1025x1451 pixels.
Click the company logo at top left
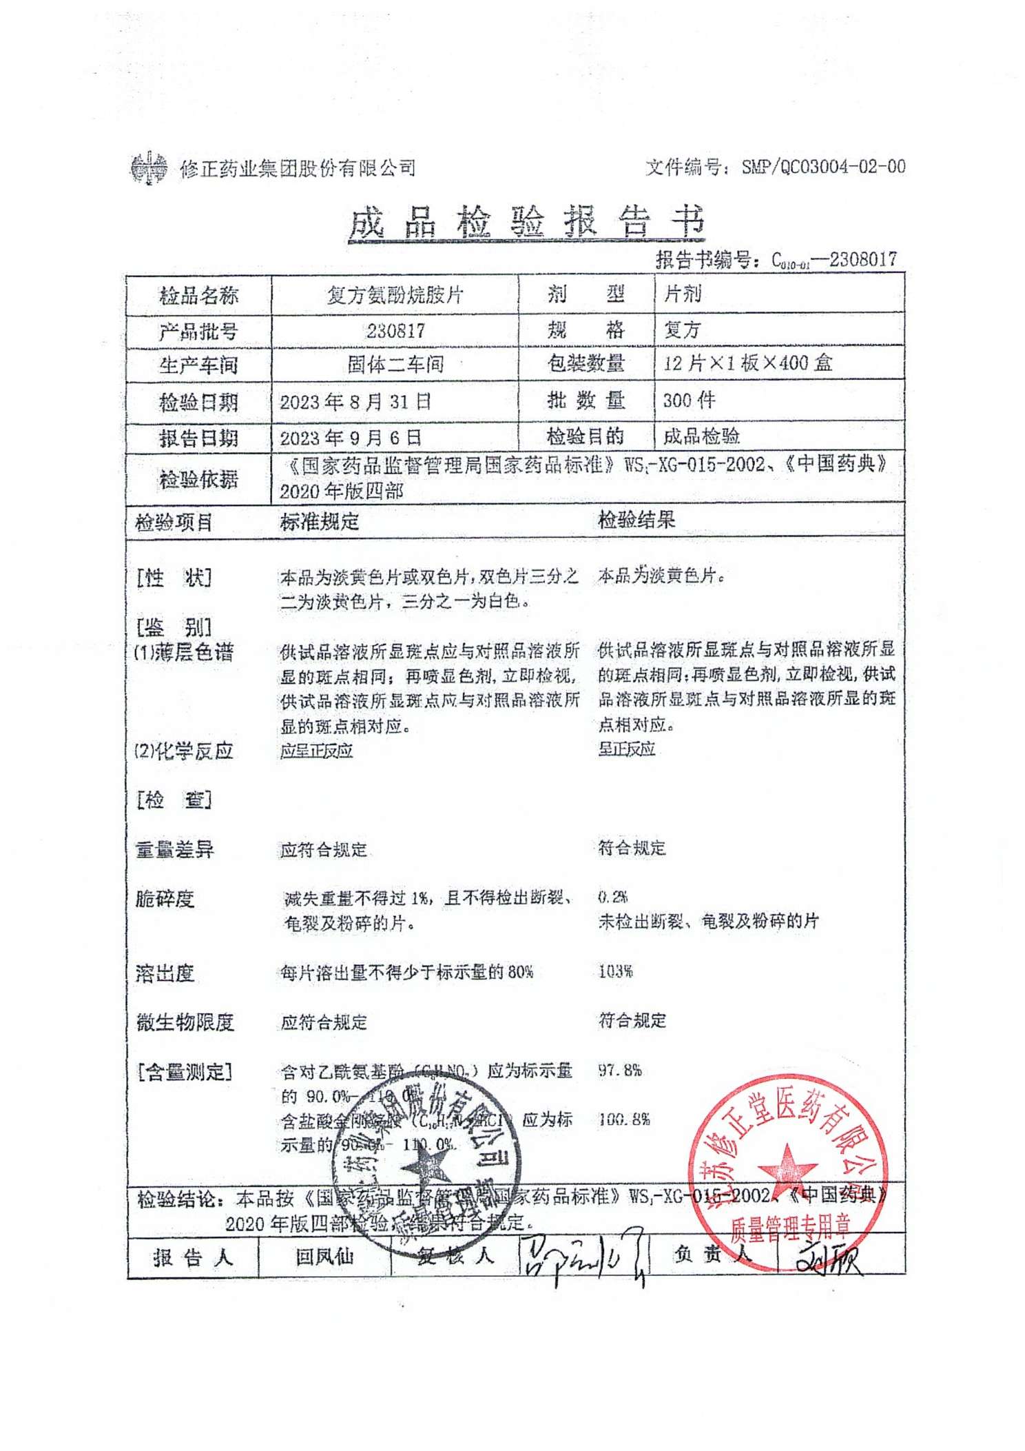[x=149, y=168]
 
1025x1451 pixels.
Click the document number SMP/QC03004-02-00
[x=822, y=167]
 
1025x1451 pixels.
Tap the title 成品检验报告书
[x=527, y=222]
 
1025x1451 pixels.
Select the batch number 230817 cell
[x=395, y=331]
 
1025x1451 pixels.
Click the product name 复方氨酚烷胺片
[x=395, y=295]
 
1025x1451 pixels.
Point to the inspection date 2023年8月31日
[x=355, y=402]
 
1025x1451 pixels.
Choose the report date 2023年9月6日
[x=350, y=438]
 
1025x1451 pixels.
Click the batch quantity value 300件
[x=689, y=400]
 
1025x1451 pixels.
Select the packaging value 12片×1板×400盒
[x=747, y=363]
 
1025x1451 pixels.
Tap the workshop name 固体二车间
[x=395, y=364]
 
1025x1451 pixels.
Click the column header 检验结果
[x=636, y=520]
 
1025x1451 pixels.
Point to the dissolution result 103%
[x=615, y=971]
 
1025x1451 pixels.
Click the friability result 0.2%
[x=612, y=897]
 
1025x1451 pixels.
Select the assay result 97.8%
[x=619, y=1071]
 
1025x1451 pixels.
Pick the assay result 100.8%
[x=623, y=1119]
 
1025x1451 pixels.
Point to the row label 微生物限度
[x=185, y=1022]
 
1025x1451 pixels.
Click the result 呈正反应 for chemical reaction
[x=626, y=749]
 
